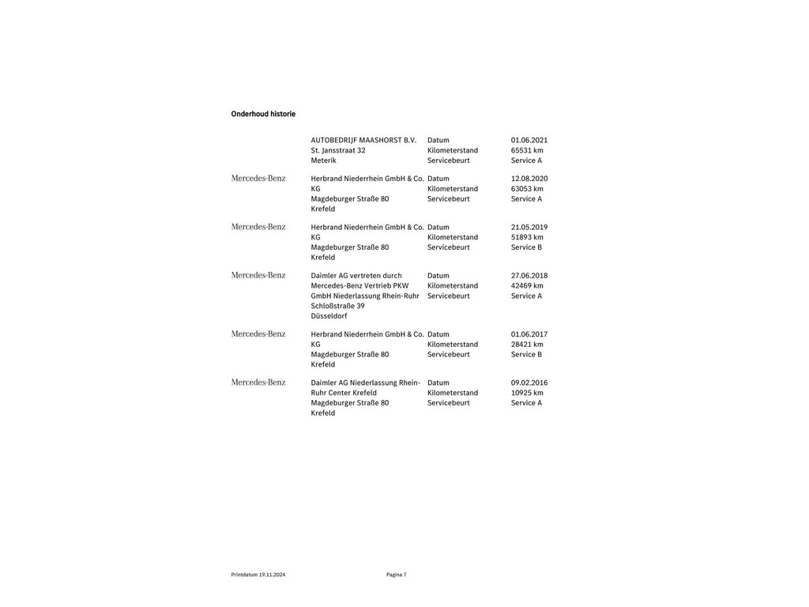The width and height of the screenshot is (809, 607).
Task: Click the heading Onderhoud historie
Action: click(x=263, y=114)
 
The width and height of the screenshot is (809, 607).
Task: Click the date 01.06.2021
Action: click(x=529, y=140)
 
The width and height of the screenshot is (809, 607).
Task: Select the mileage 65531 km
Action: click(x=527, y=150)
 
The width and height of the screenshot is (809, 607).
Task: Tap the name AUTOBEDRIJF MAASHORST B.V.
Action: click(x=363, y=140)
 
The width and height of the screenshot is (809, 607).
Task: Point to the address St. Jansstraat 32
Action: click(x=337, y=150)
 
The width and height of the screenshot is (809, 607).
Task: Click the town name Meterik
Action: click(x=323, y=160)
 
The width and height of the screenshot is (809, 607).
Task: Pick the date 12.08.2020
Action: click(x=529, y=179)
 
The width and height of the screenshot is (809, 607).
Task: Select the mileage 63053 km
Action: click(x=527, y=189)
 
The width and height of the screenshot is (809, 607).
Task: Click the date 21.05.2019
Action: click(x=529, y=227)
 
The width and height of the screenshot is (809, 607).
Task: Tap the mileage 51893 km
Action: click(x=527, y=237)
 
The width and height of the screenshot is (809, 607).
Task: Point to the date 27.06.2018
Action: click(x=529, y=276)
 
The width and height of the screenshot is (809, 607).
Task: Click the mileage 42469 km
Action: click(x=527, y=285)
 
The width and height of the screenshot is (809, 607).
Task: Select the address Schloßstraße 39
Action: click(x=337, y=306)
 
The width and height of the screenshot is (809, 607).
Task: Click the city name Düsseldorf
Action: click(x=329, y=316)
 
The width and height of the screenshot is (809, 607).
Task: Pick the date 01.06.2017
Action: click(x=529, y=334)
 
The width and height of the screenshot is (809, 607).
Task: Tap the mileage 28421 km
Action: click(x=527, y=345)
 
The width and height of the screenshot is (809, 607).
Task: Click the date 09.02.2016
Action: click(x=529, y=383)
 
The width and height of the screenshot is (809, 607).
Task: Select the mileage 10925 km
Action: click(x=527, y=393)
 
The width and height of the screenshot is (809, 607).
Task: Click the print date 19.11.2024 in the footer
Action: click(x=272, y=575)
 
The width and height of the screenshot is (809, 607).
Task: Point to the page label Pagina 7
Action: click(x=397, y=575)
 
